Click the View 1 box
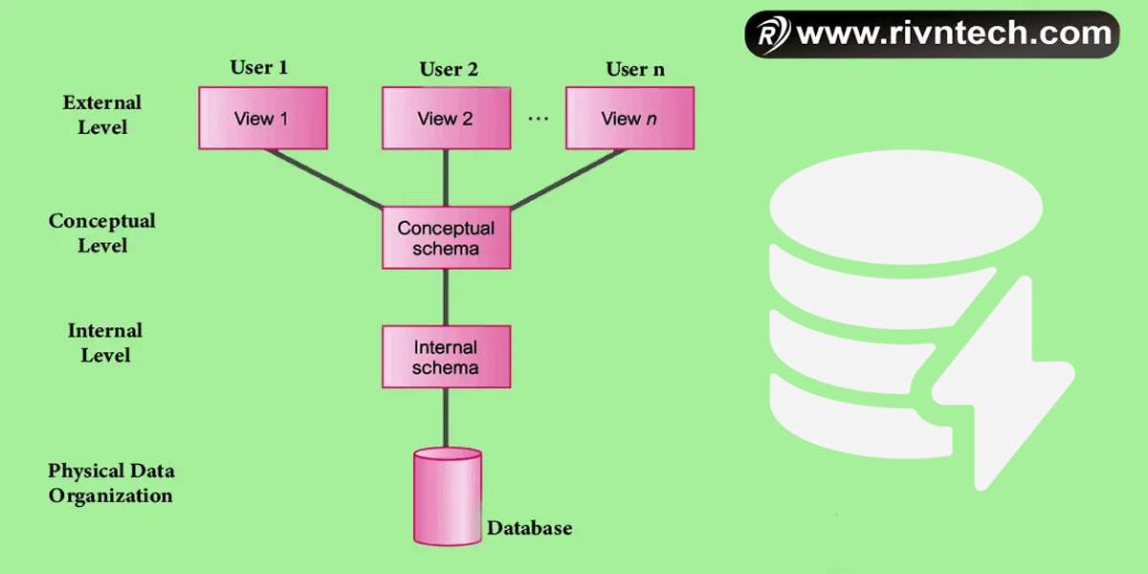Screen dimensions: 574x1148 point(263,119)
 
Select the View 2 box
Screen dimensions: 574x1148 point(446,119)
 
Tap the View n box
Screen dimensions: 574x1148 point(629,119)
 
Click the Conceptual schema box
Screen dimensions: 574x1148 point(446,238)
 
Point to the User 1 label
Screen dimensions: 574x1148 point(258,68)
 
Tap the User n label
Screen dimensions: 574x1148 point(635,69)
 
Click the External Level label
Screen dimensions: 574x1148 point(101,114)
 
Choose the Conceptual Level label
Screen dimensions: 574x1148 point(101,233)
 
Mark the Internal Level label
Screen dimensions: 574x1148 point(104,342)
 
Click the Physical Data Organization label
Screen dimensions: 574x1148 point(111,483)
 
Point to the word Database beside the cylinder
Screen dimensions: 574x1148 point(530,528)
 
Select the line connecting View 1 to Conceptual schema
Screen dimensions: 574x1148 point(325,179)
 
